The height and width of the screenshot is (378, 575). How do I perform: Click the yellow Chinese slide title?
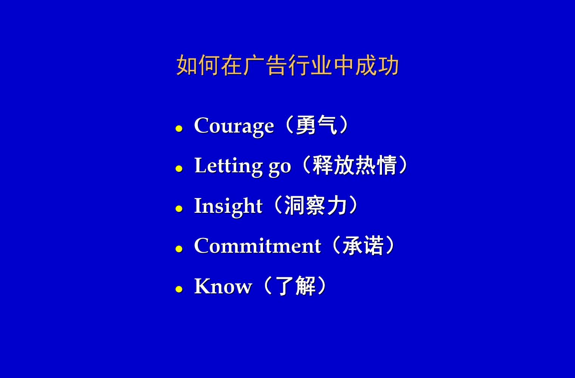click(x=287, y=65)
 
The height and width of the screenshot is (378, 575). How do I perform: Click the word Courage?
click(x=234, y=125)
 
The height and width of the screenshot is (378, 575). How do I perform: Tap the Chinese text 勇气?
click(x=316, y=125)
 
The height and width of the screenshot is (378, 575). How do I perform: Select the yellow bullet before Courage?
click(x=179, y=128)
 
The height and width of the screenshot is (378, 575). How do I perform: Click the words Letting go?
click(x=243, y=166)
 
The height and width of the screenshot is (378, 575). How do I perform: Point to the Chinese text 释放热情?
click(x=354, y=165)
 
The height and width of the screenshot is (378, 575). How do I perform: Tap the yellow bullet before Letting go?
click(x=179, y=169)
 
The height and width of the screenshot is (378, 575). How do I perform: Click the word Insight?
click(x=228, y=206)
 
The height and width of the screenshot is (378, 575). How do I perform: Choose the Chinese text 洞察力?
click(x=316, y=205)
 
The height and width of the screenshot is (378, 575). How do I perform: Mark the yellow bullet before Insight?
click(x=179, y=209)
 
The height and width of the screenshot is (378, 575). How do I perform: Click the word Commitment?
click(x=258, y=246)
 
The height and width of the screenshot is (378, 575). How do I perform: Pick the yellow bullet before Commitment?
click(x=179, y=249)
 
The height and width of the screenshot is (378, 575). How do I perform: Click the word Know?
click(x=223, y=286)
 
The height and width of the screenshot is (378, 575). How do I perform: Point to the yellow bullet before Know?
click(x=179, y=289)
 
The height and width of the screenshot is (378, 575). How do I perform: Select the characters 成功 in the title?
click(x=377, y=65)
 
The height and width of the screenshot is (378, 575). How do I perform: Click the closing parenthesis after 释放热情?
click(x=403, y=165)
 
